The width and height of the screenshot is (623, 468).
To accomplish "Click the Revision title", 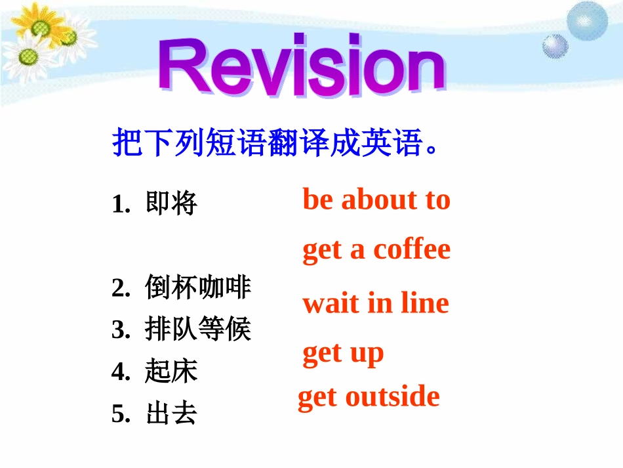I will tap(302, 69).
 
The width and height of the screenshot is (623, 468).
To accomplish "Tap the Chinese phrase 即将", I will tap(171, 205).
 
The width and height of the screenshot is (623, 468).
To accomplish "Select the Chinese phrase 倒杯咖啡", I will tap(198, 288).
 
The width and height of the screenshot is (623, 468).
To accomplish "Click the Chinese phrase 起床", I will tap(171, 372).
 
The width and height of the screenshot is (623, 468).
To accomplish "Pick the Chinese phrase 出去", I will tap(171, 414).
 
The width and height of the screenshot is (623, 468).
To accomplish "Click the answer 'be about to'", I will tap(376, 200).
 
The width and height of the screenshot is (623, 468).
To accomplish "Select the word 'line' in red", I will tap(424, 303).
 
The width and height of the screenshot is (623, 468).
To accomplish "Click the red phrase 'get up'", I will tap(342, 354).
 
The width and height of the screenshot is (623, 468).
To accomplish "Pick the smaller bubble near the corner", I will tap(555, 45).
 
